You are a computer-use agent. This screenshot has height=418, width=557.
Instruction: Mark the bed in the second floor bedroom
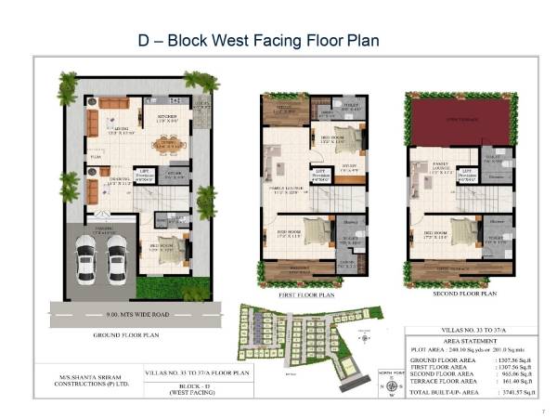461,230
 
